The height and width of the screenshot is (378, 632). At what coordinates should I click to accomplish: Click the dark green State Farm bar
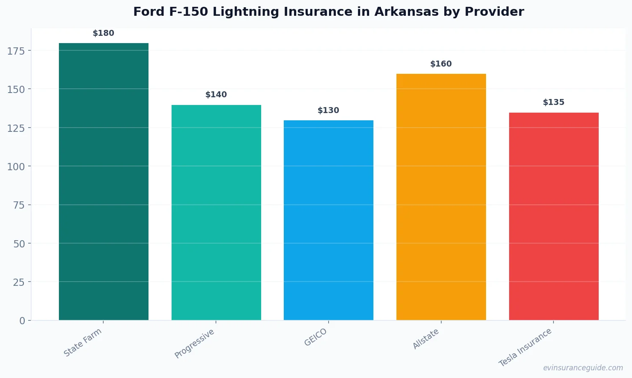point(104,181)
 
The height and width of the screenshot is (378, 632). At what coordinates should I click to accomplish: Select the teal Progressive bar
point(216,212)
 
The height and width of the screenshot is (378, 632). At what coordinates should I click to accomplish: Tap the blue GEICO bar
point(328,220)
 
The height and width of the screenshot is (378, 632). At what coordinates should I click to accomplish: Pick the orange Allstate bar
point(441,197)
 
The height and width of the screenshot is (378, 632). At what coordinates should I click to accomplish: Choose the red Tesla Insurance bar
point(553,216)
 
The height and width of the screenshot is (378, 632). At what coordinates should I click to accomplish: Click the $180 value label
point(104,33)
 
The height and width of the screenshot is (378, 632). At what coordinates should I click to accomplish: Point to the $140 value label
point(216,95)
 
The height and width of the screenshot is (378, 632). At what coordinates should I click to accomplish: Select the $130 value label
point(328,110)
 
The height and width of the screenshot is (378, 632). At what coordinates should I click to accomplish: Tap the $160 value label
point(441,64)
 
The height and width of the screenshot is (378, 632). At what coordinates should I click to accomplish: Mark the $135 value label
point(553,102)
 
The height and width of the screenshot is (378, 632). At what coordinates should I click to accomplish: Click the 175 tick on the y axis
point(16,51)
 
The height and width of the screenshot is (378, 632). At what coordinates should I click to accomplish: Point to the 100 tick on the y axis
point(16,167)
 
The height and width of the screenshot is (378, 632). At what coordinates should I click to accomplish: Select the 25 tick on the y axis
point(19,282)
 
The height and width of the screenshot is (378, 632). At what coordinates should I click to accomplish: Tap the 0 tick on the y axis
point(22,321)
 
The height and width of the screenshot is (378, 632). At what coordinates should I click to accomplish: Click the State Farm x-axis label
point(83,343)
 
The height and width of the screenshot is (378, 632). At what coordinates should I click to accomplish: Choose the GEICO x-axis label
point(316,337)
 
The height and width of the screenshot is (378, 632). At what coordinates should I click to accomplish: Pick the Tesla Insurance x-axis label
point(525,348)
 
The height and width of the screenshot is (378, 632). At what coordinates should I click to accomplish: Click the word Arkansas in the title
point(406,12)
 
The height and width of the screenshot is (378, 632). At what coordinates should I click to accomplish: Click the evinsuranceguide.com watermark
point(583,368)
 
